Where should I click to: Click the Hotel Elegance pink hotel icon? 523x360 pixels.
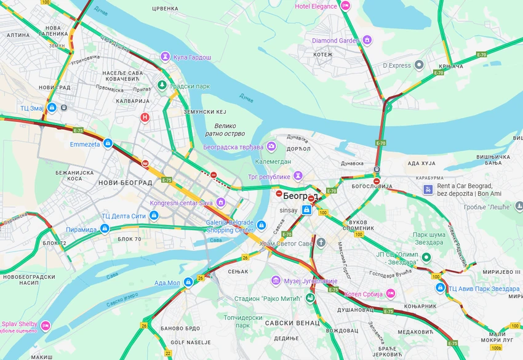[345, 6]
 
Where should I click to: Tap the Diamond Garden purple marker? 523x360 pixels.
[367, 41]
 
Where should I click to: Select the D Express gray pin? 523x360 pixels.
[419, 65]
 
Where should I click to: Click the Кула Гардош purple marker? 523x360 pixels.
[165, 57]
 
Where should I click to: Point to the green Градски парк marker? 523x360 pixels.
[162, 86]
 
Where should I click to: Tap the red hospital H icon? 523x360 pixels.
[145, 117]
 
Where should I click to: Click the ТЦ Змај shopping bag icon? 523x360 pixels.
[52, 108]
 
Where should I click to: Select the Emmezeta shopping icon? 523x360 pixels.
[108, 144]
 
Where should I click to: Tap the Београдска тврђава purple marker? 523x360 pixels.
[271, 147]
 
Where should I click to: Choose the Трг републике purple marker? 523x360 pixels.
[298, 175]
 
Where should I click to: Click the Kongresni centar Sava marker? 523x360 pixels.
[220, 202]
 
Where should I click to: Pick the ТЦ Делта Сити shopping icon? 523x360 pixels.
[154, 215]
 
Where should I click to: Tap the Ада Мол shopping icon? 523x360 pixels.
[188, 282]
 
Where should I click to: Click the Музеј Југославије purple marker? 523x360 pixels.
[276, 281]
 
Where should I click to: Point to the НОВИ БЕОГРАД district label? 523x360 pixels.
[125, 183]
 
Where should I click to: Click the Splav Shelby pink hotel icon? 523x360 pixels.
[46, 325]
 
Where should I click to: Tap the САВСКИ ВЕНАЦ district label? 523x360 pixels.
[292, 322]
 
